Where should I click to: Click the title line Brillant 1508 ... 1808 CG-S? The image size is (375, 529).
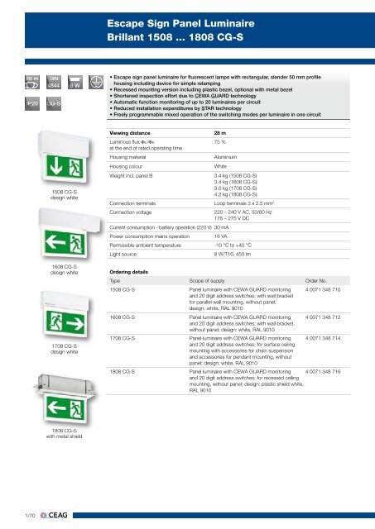coord(166,37)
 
